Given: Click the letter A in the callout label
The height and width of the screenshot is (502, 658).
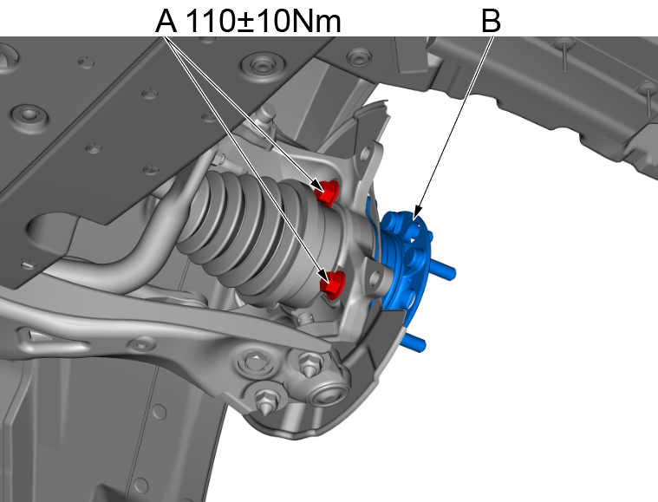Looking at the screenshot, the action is pyautogui.click(x=166, y=21).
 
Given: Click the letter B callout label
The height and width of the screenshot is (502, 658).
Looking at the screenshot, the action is pyautogui.click(x=491, y=21).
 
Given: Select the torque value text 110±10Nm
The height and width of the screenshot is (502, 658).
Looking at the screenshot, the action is pyautogui.click(x=263, y=21).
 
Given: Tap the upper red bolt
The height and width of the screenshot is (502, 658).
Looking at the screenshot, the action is pyautogui.click(x=328, y=192).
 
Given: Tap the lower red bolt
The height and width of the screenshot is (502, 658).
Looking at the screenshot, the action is pyautogui.click(x=333, y=284).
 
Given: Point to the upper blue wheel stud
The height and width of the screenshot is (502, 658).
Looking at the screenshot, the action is pyautogui.click(x=443, y=270).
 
